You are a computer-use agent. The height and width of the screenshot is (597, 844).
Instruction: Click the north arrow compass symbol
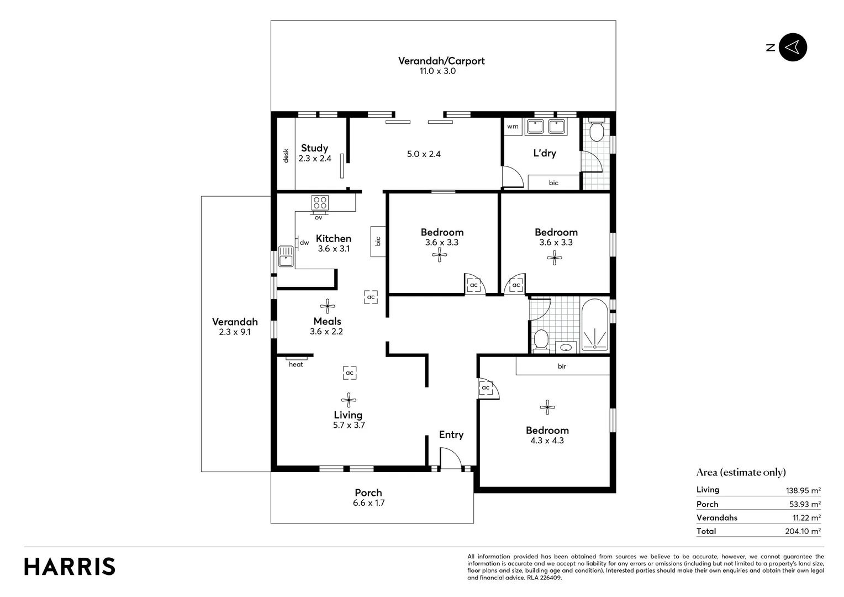click(793, 48)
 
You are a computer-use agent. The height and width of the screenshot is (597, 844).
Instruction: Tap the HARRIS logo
click(70, 567)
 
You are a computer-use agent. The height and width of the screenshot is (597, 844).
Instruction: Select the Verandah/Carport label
click(441, 61)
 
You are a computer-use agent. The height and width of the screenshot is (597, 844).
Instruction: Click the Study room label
click(314, 148)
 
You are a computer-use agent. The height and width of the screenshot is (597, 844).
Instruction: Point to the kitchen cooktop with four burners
click(320, 202)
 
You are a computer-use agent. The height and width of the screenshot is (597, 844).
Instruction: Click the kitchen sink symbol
click(286, 256)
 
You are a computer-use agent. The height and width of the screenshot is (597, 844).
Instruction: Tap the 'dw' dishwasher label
click(304, 243)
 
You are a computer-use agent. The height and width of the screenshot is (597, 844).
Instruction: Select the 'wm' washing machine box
click(513, 127)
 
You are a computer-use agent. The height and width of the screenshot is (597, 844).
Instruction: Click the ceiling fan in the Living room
click(349, 400)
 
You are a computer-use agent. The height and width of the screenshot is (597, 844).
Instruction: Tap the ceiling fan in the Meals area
click(328, 306)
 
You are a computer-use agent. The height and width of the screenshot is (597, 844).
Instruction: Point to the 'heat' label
click(296, 364)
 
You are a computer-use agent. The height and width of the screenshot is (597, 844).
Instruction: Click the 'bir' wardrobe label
click(562, 366)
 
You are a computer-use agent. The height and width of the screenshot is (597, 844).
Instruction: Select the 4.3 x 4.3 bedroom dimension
click(547, 441)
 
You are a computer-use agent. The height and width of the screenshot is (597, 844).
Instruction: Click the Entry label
click(451, 434)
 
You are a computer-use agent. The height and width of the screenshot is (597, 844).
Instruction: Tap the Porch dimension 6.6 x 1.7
click(368, 503)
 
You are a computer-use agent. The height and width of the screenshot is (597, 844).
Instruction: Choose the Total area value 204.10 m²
click(803, 531)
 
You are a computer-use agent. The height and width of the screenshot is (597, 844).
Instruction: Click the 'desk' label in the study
click(286, 156)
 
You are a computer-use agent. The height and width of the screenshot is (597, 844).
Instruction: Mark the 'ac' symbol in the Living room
click(349, 373)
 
